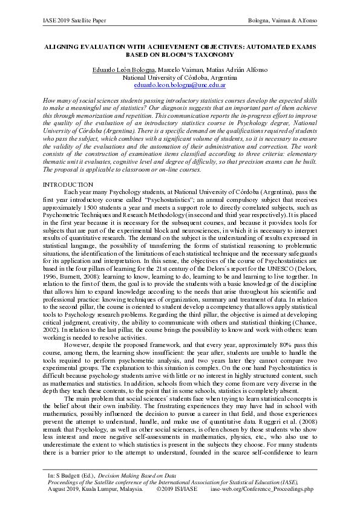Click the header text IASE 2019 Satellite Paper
click(74, 21)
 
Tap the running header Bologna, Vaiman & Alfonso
click(283, 21)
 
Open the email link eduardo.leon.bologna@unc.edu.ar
click(180, 86)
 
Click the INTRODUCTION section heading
click(68, 183)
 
